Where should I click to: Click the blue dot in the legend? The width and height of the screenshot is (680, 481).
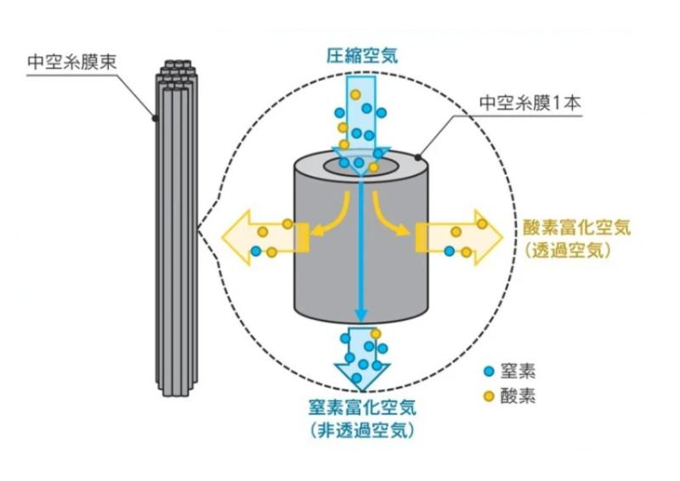[x=488, y=372]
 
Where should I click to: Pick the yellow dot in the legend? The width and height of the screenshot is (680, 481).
[x=488, y=397]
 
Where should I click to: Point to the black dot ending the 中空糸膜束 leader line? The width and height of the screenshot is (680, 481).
[x=154, y=118]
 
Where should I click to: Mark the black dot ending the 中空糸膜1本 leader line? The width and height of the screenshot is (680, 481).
[x=419, y=158]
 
